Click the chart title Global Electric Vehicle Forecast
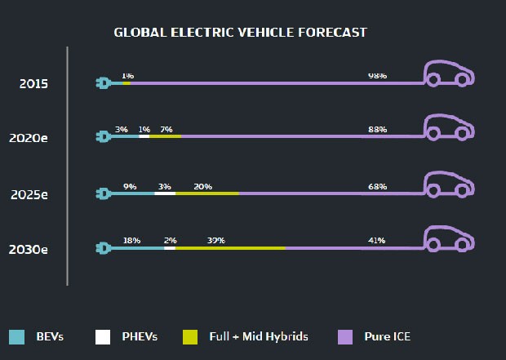[x=240, y=33]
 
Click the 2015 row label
[x=33, y=83]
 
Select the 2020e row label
[x=29, y=138]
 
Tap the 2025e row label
[x=29, y=194]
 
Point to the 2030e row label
[x=29, y=249]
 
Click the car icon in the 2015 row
[x=447, y=73]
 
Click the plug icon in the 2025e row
[x=103, y=193]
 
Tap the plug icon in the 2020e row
[x=103, y=137]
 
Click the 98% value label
[x=377, y=75]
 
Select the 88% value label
[x=377, y=130]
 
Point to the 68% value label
[x=377, y=186]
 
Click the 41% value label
[x=377, y=241]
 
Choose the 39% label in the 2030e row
[x=215, y=241]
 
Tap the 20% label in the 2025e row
[x=203, y=186]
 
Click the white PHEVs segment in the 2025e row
[x=164, y=193]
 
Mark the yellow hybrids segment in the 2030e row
[x=230, y=247]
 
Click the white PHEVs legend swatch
[x=103, y=336]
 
